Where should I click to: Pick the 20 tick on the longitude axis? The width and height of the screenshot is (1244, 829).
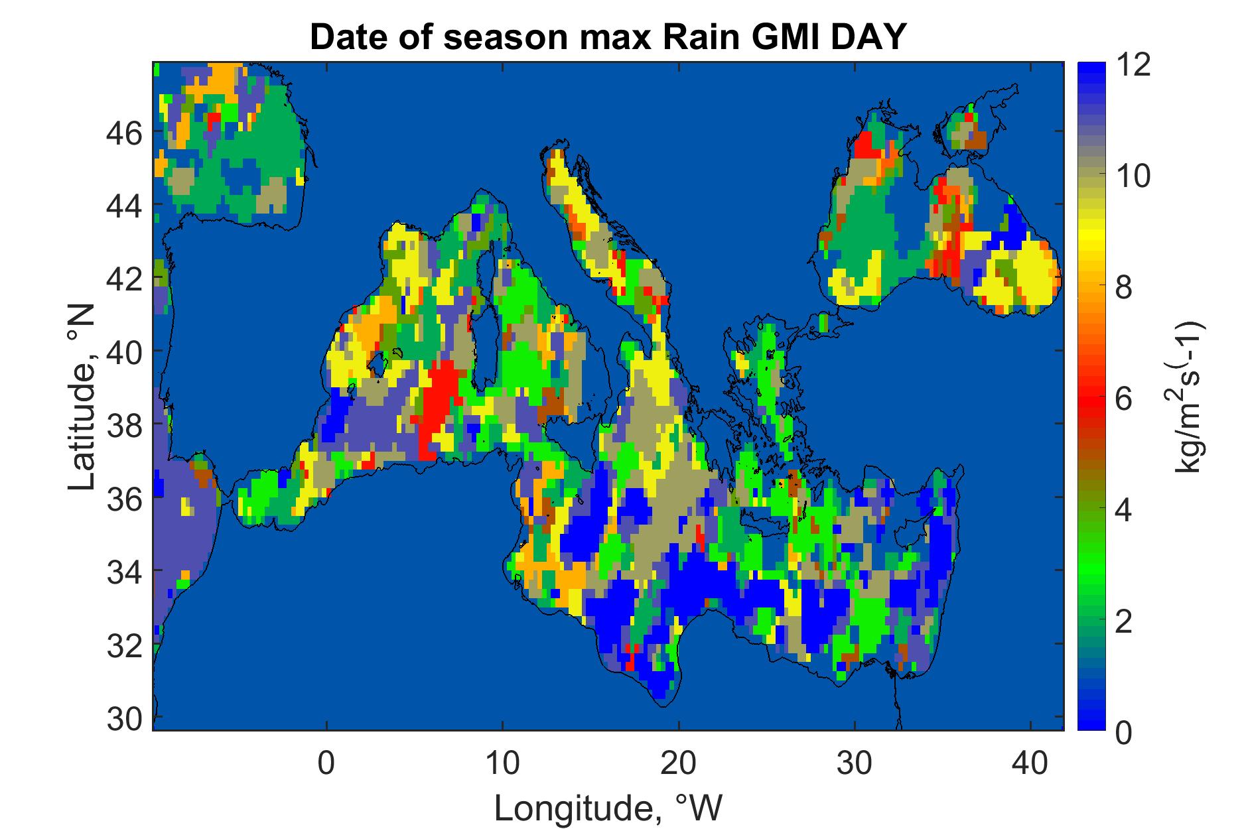point(678,763)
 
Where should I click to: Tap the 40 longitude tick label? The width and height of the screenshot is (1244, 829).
point(1030,763)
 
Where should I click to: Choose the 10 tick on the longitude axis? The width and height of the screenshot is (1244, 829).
point(502,763)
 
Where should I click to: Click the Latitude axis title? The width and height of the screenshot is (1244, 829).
point(82,398)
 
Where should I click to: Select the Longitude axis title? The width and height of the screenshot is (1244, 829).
point(608,808)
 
